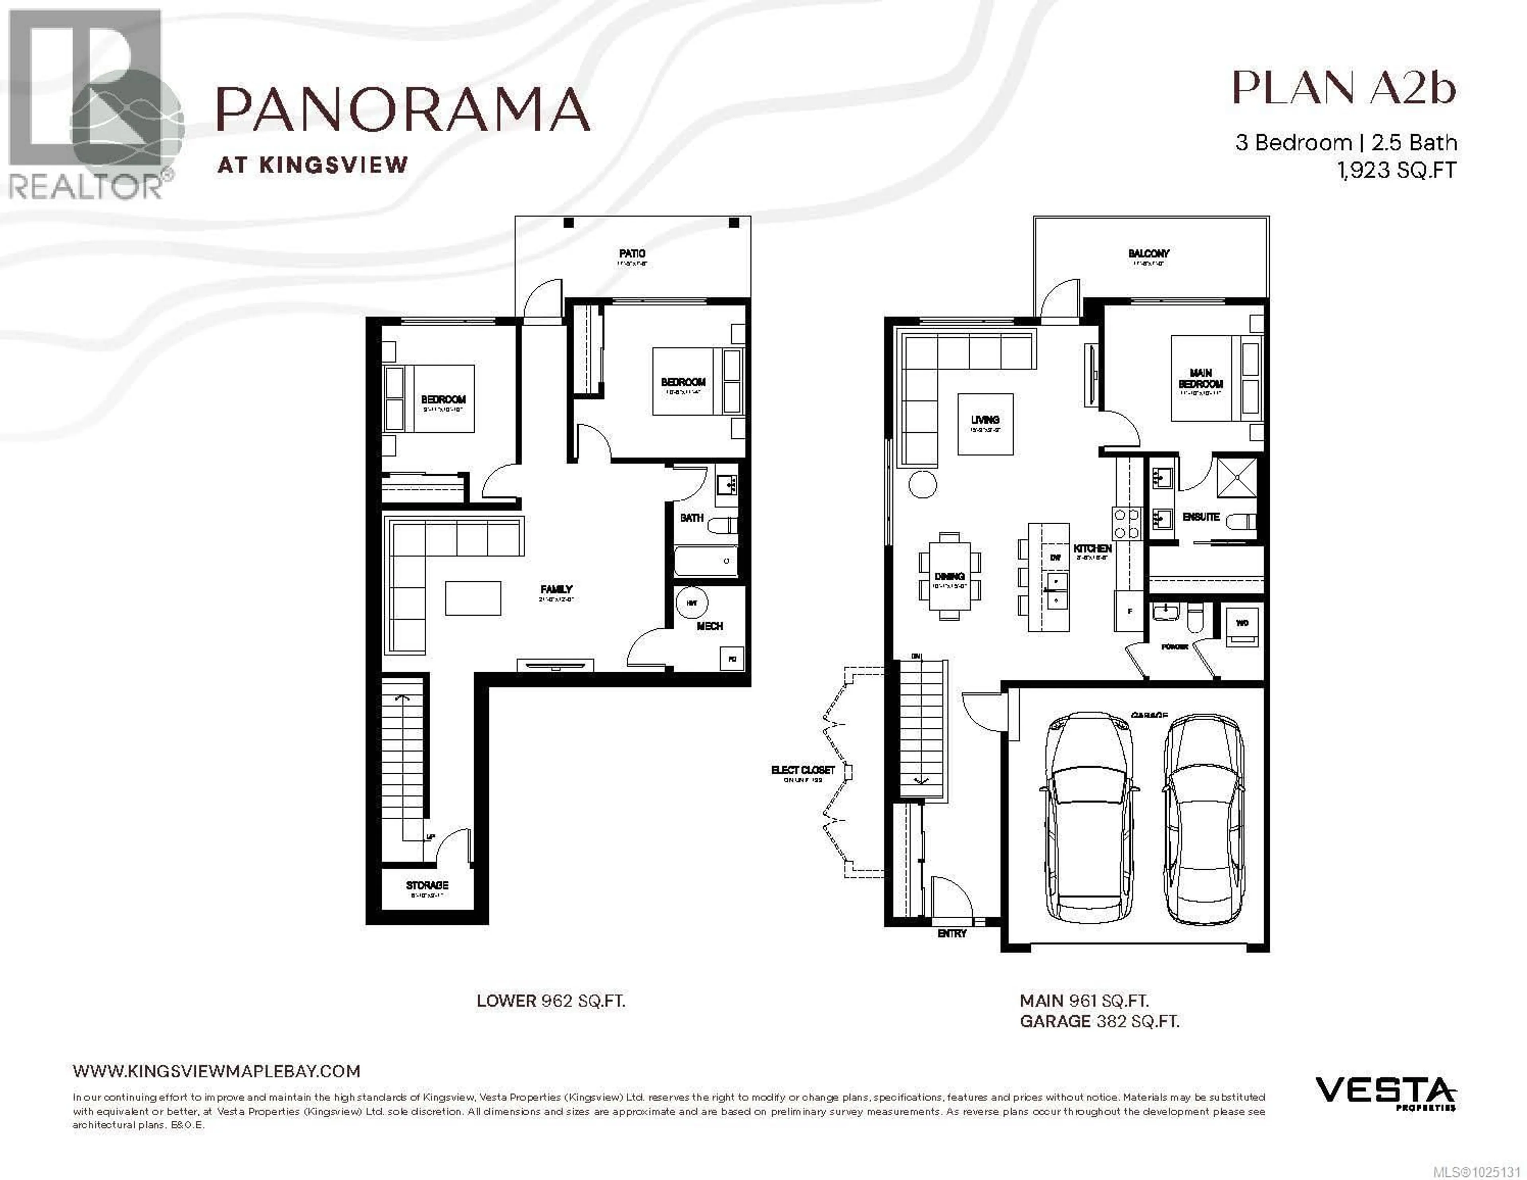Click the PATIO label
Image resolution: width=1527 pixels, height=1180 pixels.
tap(632, 253)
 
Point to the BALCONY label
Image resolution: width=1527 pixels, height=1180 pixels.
tap(1149, 253)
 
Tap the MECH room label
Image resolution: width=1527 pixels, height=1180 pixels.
tap(710, 626)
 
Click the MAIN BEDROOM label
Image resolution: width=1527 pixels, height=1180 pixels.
tap(1201, 378)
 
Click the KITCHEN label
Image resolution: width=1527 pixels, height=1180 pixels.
tap(1092, 548)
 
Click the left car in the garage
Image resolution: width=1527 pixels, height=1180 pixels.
tap(1089, 818)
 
